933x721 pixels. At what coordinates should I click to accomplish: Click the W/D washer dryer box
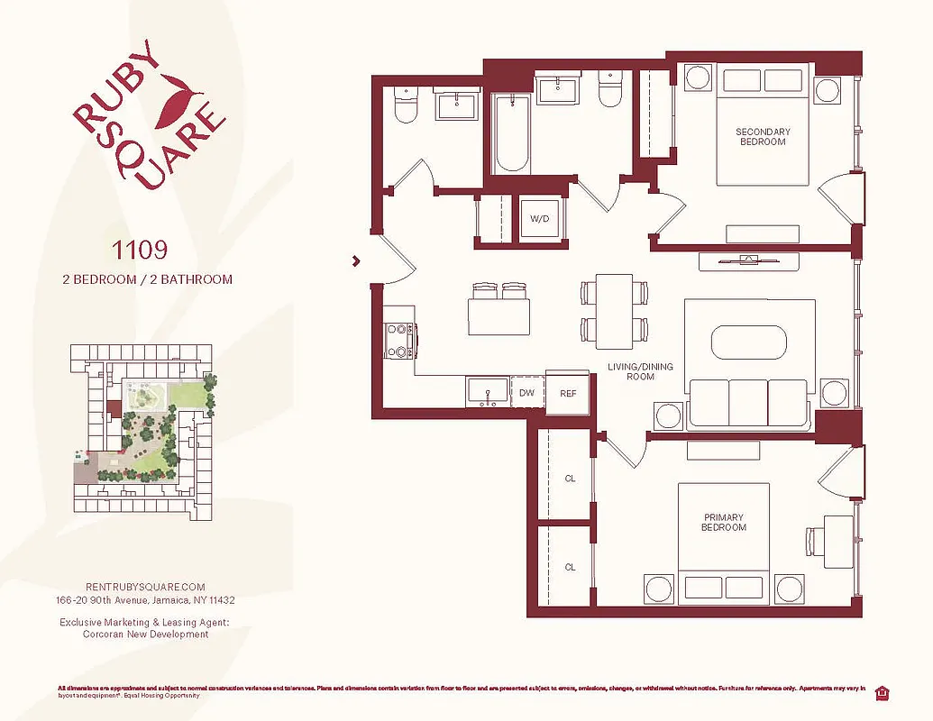coord(540,219)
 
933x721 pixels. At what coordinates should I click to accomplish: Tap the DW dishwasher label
coord(526,393)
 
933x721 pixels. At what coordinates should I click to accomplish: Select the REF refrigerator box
coord(568,393)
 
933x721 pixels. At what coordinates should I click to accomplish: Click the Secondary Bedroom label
coord(763,137)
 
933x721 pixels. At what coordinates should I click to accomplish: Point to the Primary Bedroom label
coord(724,523)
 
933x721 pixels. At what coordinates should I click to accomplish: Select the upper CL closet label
coord(570,479)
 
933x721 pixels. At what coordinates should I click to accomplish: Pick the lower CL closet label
coord(570,567)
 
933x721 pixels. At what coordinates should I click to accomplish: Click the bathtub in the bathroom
coord(512,135)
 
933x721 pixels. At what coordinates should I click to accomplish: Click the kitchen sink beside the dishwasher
coord(488,392)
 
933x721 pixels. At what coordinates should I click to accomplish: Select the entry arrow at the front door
coord(357,261)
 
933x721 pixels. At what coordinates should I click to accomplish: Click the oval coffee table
coord(749,343)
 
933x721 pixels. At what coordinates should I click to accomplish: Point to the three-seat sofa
coord(747,403)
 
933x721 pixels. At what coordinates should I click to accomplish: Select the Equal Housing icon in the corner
coord(883,692)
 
